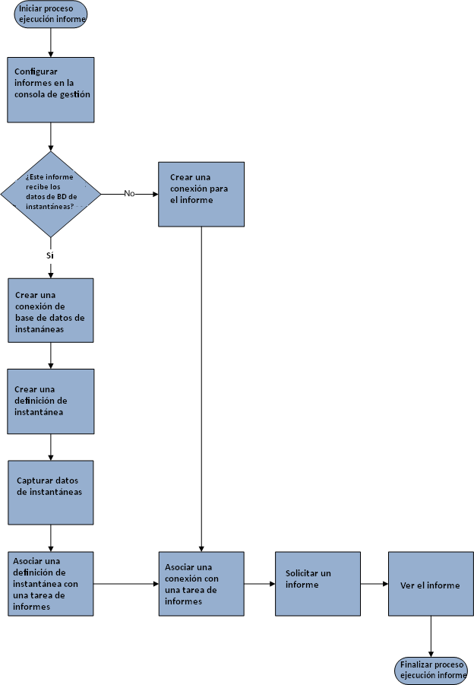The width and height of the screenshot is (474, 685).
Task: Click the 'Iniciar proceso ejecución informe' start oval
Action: pyautogui.click(x=51, y=14)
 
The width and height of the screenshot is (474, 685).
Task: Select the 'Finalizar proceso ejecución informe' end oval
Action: pyautogui.click(x=431, y=670)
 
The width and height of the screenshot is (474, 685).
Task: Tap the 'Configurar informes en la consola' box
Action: pyautogui.click(x=51, y=89)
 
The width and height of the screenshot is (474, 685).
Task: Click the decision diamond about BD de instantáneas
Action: pyautogui.click(x=51, y=193)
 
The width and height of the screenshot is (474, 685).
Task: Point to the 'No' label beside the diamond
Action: pyautogui.click(x=129, y=193)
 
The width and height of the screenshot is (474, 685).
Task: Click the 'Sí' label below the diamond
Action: pyautogui.click(x=50, y=255)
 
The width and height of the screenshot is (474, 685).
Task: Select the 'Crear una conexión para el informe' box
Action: pyautogui.click(x=201, y=194)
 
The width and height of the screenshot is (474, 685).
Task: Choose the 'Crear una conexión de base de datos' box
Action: pyautogui.click(x=51, y=310)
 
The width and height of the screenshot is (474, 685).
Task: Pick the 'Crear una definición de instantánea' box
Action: pyautogui.click(x=51, y=401)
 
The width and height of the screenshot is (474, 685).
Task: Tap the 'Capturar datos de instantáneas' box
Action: pyautogui.click(x=51, y=492)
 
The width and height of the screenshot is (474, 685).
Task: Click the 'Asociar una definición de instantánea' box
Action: pyautogui.click(x=51, y=583)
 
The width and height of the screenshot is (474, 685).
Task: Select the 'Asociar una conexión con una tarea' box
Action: pyautogui.click(x=201, y=583)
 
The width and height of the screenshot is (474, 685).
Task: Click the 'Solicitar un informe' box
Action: pyautogui.click(x=317, y=583)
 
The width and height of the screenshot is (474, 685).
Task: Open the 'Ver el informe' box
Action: pyautogui.click(x=431, y=583)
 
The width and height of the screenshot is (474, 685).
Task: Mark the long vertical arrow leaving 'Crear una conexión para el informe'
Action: pyautogui.click(x=201, y=388)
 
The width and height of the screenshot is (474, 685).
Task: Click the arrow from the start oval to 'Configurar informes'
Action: pyautogui.click(x=51, y=43)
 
